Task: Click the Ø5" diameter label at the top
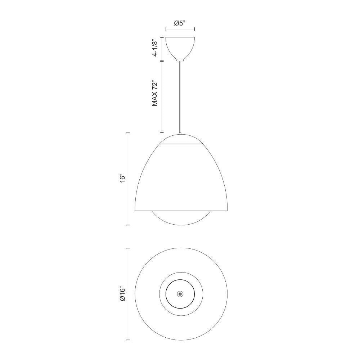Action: coord(180,23)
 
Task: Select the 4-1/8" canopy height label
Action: coord(155,48)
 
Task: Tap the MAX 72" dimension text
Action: coord(155,93)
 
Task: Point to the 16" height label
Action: coord(122,179)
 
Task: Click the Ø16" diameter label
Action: coord(122,294)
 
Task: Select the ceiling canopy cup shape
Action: coord(180,47)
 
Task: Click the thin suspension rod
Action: coord(180,97)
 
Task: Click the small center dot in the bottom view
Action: coord(180,294)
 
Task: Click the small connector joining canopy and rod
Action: coord(180,61)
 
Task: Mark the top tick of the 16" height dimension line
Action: coord(128,133)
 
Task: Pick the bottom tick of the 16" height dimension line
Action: coord(128,225)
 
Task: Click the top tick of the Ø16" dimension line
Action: coord(128,248)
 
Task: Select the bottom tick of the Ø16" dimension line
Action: coord(128,340)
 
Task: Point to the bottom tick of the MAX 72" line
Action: coord(162,132)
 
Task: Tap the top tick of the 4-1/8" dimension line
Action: coord(162,37)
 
